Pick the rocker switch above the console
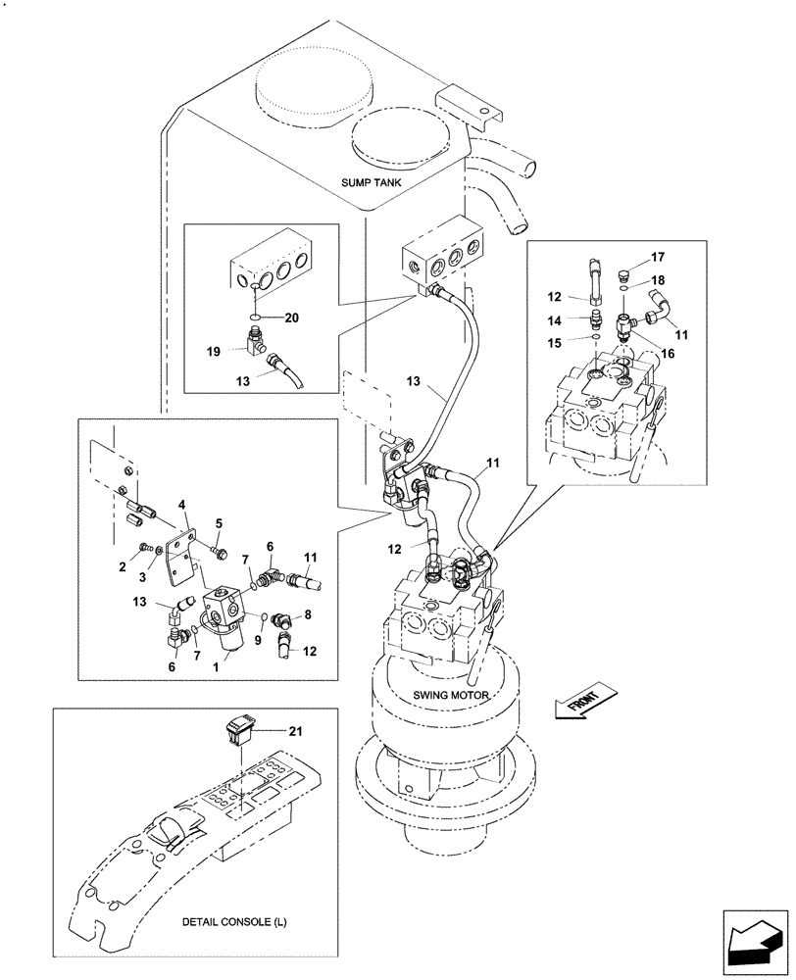[240, 730]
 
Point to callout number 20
[291, 318]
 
